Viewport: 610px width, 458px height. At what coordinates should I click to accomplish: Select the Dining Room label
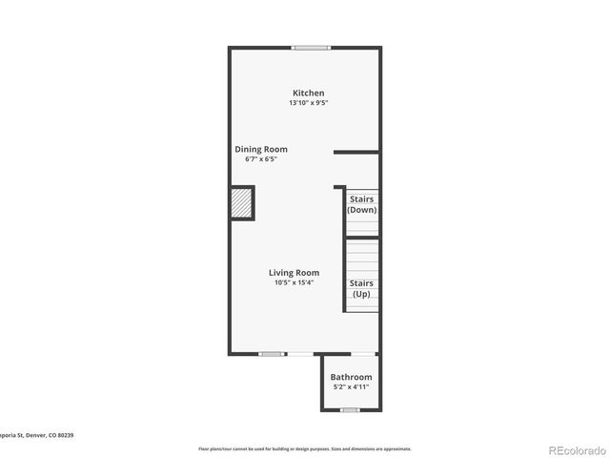[261, 150]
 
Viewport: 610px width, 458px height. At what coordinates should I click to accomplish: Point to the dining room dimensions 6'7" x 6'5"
[261, 159]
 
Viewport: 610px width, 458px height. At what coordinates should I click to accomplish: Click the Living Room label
[294, 273]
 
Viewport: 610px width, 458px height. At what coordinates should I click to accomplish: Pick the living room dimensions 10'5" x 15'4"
[294, 282]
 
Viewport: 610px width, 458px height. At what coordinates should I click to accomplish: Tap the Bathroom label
[352, 378]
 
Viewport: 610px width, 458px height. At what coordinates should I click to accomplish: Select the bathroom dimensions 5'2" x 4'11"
[352, 387]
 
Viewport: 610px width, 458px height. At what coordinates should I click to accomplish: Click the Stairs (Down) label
[361, 204]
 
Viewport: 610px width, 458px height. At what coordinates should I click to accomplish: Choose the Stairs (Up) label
[361, 288]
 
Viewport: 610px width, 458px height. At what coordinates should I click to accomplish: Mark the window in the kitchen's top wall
[311, 48]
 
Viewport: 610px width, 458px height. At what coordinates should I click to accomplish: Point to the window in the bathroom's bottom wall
[350, 410]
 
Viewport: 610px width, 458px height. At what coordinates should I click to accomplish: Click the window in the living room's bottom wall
[273, 354]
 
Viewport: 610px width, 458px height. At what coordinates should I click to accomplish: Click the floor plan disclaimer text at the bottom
[304, 448]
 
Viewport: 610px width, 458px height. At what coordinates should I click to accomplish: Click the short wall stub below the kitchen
[356, 152]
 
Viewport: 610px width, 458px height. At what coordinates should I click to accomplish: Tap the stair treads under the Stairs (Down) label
[361, 226]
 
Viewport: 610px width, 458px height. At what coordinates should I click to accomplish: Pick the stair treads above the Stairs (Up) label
[361, 256]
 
